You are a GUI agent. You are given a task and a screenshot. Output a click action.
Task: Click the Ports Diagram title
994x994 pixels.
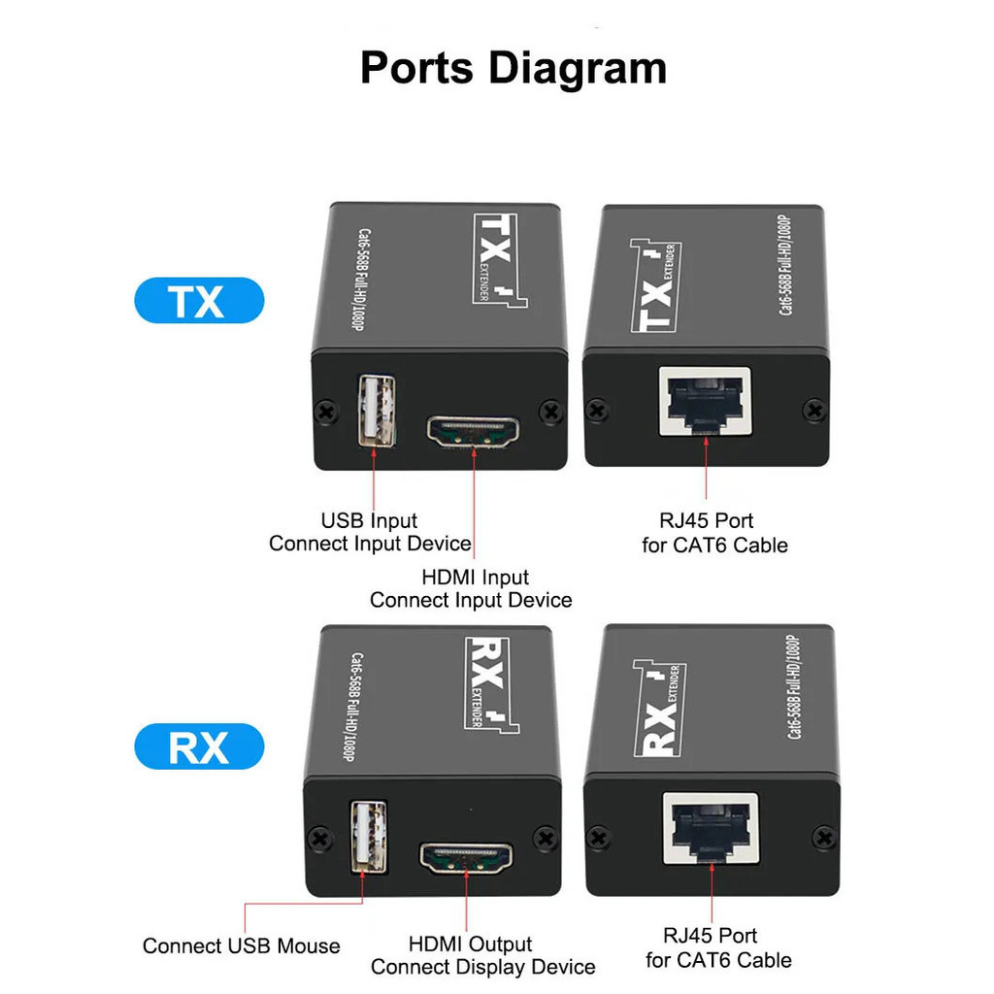pyautogui.click(x=514, y=69)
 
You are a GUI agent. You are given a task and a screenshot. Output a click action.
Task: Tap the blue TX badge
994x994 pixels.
pyautogui.click(x=198, y=301)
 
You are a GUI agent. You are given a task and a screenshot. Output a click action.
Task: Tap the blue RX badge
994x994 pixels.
pyautogui.click(x=198, y=746)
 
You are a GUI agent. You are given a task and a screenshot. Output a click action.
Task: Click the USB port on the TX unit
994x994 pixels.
pyautogui.click(x=377, y=411)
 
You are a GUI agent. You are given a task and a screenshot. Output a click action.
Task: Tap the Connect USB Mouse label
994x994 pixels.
pyautogui.click(x=242, y=945)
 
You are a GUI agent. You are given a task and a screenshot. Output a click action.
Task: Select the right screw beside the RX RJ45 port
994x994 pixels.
pyautogui.click(x=824, y=837)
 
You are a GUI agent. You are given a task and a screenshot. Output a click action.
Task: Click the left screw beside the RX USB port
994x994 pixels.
pyautogui.click(x=317, y=838)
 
